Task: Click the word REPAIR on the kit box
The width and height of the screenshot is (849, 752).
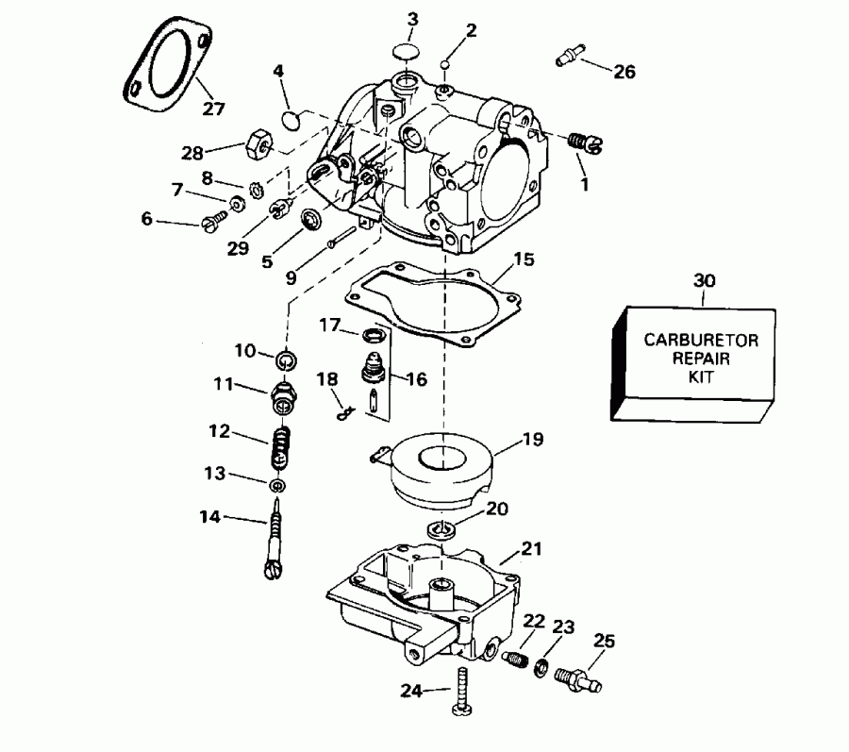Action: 694,359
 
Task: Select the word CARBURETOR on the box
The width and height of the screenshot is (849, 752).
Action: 694,341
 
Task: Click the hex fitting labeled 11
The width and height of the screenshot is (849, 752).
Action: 282,397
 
